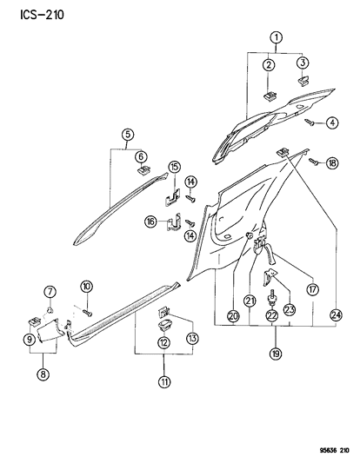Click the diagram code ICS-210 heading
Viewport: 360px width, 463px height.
(42, 15)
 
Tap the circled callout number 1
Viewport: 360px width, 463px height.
(276, 37)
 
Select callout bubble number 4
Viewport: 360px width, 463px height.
(332, 122)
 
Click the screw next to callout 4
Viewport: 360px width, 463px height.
(310, 122)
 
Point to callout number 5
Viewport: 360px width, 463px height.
(127, 135)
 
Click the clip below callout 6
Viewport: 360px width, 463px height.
(143, 170)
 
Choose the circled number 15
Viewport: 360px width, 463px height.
(175, 167)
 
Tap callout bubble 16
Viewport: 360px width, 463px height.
(150, 222)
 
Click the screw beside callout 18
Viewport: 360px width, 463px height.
(314, 162)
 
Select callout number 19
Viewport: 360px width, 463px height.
(276, 354)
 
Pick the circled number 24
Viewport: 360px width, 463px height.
(336, 315)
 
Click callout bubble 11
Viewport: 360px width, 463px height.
(164, 382)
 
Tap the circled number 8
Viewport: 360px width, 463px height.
(43, 374)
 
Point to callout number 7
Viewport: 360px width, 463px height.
(50, 292)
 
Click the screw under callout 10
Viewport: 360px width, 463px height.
(88, 313)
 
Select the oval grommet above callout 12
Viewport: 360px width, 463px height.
(164, 325)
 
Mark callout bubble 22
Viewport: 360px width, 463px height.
(272, 315)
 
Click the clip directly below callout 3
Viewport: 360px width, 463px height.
(303, 80)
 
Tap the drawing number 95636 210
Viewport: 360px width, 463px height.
(334, 450)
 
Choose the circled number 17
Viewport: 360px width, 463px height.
(313, 289)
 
